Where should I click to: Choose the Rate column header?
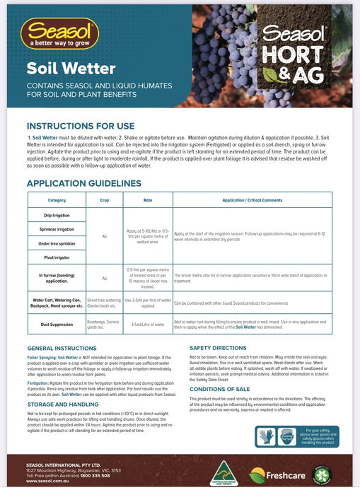pyautogui.click(x=147, y=200)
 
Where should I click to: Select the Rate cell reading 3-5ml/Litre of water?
pyautogui.click(x=147, y=325)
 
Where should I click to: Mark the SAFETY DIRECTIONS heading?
pyautogui.click(x=227, y=348)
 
